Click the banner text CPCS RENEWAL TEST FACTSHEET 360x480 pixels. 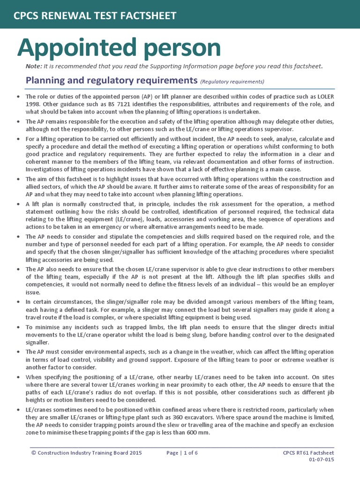[x=95, y=16]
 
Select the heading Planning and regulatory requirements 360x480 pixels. [x=112, y=80]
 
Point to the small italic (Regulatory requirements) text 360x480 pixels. [x=232, y=82]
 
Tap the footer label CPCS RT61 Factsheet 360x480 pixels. [x=308, y=453]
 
